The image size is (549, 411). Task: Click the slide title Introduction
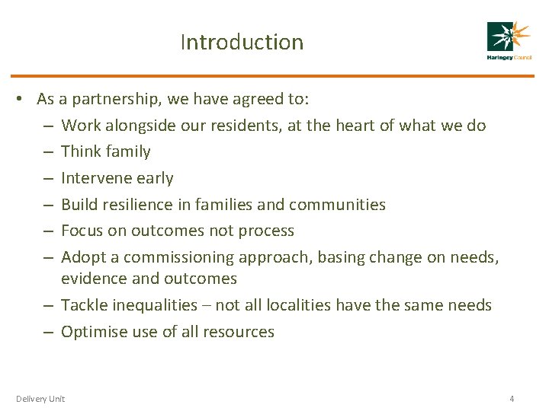coord(242,42)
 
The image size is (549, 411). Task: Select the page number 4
coord(512,398)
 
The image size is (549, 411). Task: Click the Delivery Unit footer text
coord(40,398)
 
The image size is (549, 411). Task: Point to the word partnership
coord(111,99)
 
